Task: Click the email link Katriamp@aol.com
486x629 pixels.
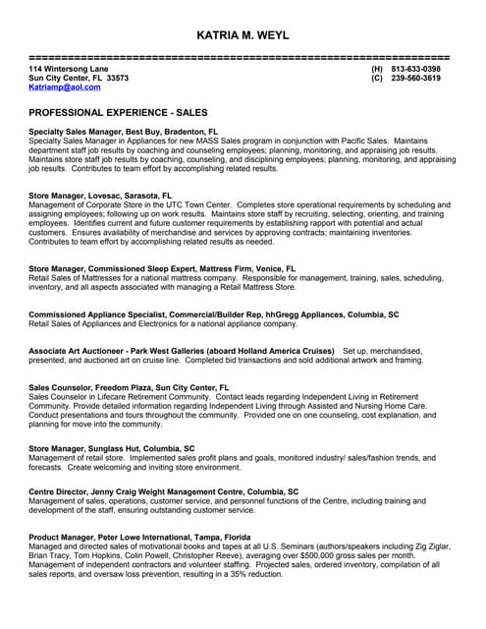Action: [x=65, y=87]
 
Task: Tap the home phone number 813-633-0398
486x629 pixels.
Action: [x=415, y=69]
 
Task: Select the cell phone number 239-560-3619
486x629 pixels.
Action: [x=415, y=78]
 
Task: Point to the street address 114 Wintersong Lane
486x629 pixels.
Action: [x=68, y=69]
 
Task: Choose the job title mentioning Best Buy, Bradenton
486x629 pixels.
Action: [x=124, y=131]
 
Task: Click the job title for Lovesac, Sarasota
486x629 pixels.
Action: [x=100, y=196]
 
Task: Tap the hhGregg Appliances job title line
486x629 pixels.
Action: [x=214, y=314]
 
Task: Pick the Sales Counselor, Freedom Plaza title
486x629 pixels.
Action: [x=129, y=388]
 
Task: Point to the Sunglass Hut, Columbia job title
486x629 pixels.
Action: [x=112, y=448]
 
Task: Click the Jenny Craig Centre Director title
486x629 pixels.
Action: [x=164, y=491]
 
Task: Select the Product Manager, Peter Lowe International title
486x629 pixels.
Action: [x=139, y=538]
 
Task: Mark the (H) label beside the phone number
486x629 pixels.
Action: [x=377, y=69]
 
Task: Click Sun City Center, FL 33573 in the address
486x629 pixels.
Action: [x=79, y=78]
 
